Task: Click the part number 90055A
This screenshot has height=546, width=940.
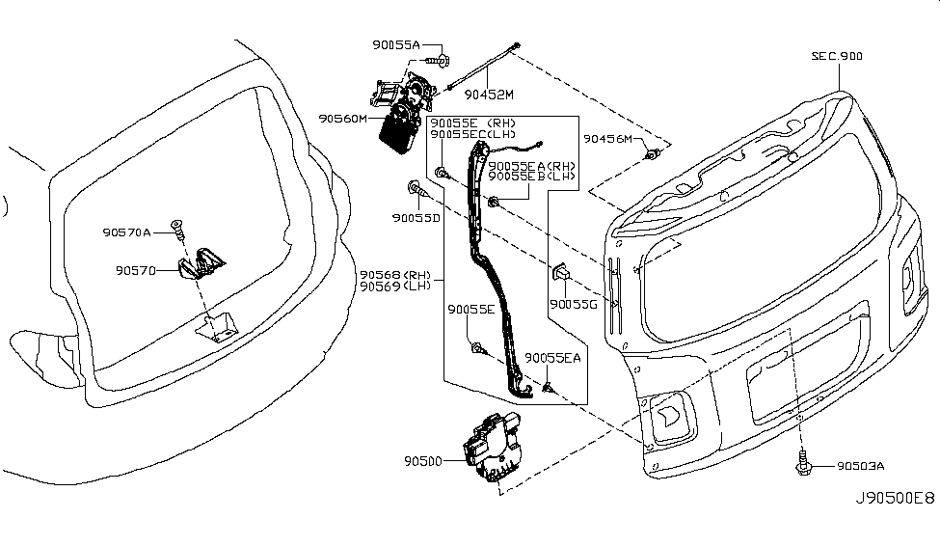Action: click(395, 45)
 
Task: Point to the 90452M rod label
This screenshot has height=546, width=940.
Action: click(489, 95)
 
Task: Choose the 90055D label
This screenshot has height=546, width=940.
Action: click(416, 219)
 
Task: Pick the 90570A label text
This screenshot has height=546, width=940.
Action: click(127, 232)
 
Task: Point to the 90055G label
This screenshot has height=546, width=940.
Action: click(575, 304)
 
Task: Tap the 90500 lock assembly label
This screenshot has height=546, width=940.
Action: click(423, 462)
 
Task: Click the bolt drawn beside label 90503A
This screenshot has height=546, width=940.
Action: click(801, 464)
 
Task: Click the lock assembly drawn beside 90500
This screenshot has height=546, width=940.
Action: click(496, 448)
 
